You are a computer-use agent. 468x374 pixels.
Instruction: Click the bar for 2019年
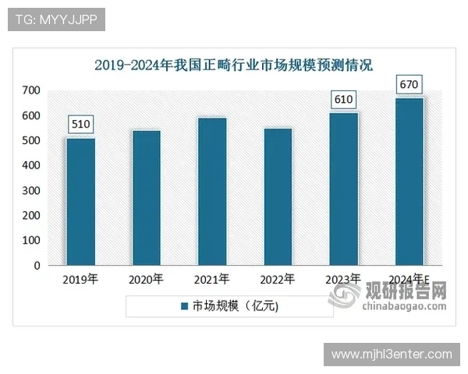tap(80, 201)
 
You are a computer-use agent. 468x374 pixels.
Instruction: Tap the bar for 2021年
tap(211, 191)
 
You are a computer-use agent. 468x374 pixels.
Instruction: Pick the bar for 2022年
tap(277, 196)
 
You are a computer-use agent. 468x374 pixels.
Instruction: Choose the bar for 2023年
tap(343, 189)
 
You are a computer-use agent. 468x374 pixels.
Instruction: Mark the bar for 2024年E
tap(409, 181)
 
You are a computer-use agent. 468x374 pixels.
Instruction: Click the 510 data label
tap(81, 124)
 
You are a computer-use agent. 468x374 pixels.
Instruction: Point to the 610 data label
tap(343, 99)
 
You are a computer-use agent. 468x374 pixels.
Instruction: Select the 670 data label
tap(409, 83)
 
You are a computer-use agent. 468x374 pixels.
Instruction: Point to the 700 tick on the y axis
tap(30, 90)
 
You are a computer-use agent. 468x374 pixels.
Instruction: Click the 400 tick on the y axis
tap(30, 165)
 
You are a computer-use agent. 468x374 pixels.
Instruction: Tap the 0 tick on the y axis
tap(37, 265)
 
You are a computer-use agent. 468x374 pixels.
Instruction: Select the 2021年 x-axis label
tap(211, 279)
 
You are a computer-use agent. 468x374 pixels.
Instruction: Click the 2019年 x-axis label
tap(80, 279)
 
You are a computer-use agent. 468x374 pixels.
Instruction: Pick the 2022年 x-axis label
tap(277, 279)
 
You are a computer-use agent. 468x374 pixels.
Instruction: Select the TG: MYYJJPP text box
tap(56, 19)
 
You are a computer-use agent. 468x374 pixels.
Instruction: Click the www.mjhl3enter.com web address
tap(391, 355)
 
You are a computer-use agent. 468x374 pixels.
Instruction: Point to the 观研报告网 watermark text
tap(406, 292)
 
